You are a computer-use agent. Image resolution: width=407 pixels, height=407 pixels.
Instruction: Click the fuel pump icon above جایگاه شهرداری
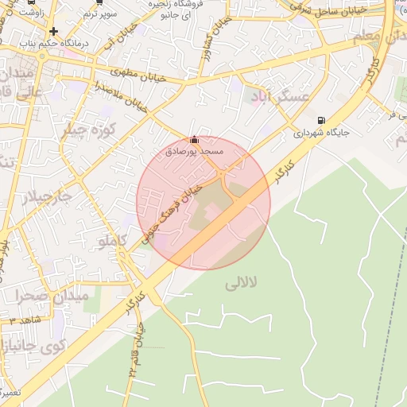(320, 121)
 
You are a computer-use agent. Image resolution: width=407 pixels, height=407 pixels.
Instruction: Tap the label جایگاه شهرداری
(321, 134)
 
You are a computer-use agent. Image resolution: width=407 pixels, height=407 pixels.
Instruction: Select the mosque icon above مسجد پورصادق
(195, 139)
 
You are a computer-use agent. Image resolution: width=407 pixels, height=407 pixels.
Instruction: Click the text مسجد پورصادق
(195, 150)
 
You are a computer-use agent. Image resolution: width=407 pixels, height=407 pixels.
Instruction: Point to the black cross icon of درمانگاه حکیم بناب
(53, 32)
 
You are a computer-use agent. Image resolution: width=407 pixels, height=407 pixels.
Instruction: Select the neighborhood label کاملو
(111, 240)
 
